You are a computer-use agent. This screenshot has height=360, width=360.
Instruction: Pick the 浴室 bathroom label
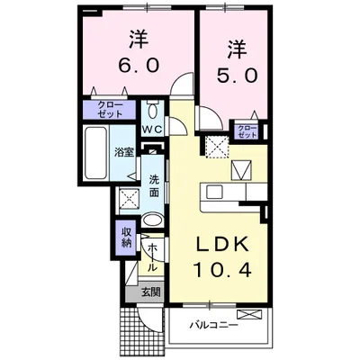pos(123,153)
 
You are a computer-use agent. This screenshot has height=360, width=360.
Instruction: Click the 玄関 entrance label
pos(149,292)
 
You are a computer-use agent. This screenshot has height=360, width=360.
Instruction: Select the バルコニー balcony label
pos(213,326)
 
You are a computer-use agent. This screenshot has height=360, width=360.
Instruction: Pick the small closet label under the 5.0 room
pos(247,131)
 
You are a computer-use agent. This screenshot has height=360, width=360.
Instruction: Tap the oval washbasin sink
pos(153,218)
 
